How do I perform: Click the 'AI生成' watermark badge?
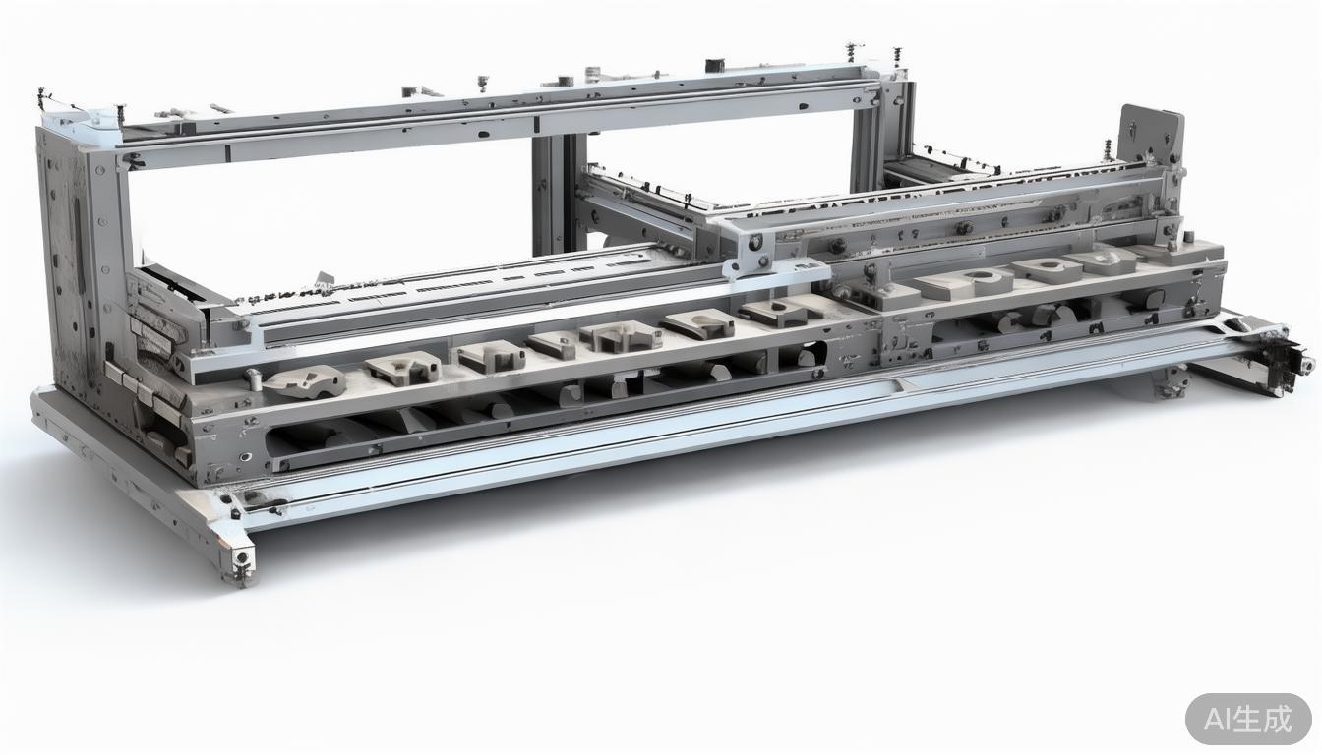coord(1247,719)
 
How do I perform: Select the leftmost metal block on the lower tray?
coord(305,380)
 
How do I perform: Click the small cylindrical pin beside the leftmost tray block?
coord(253,378)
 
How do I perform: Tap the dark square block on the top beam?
coord(715,65)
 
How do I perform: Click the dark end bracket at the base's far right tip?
coord(1287,360)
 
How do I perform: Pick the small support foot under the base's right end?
coord(1170,382)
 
